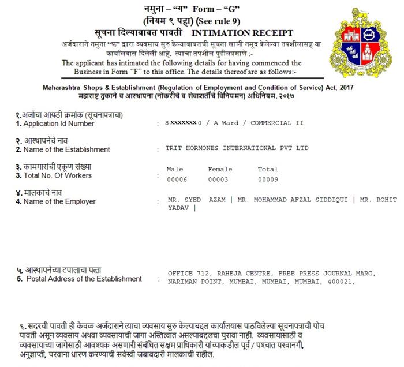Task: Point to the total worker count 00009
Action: pyautogui.click(x=267, y=179)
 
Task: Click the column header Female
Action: pyautogui.click(x=220, y=170)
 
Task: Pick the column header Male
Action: pyautogui.click(x=174, y=170)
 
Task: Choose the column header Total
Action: pyautogui.click(x=267, y=170)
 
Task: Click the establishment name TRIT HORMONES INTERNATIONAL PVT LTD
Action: pyautogui.click(x=237, y=148)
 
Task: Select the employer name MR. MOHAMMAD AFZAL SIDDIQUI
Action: pyautogui.click(x=293, y=200)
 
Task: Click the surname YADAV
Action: pyautogui.click(x=178, y=209)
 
